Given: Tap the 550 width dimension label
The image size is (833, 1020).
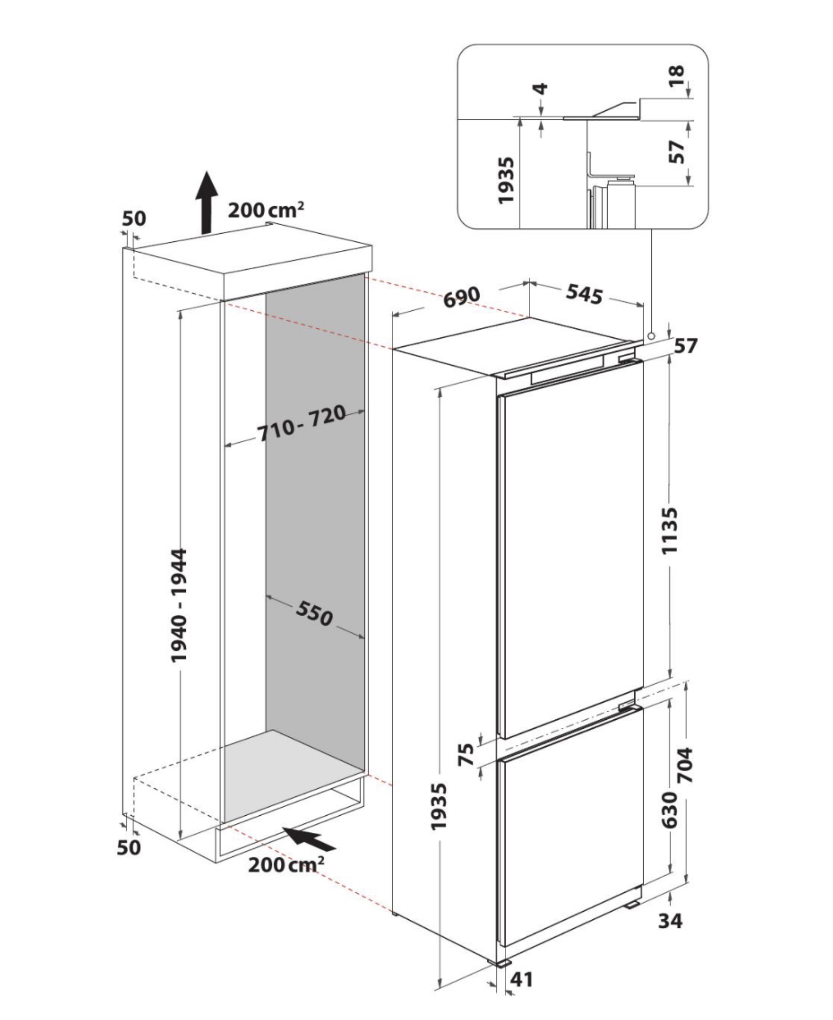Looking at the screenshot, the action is pyautogui.click(x=314, y=614).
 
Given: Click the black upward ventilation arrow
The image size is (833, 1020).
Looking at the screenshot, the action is pyautogui.click(x=206, y=202).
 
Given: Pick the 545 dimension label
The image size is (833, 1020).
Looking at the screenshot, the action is pyautogui.click(x=584, y=294).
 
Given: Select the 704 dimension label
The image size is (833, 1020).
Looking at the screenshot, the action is pyautogui.click(x=685, y=765).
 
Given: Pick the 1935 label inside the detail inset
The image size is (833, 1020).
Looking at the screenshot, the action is pyautogui.click(x=506, y=180).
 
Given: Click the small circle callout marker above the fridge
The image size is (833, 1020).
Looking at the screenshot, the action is pyautogui.click(x=651, y=336).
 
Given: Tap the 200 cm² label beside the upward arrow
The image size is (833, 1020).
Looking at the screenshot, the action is pyautogui.click(x=266, y=210).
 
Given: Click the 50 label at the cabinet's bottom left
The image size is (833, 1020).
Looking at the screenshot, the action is pyautogui.click(x=129, y=847).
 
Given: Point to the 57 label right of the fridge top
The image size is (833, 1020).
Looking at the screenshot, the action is pyautogui.click(x=686, y=345).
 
